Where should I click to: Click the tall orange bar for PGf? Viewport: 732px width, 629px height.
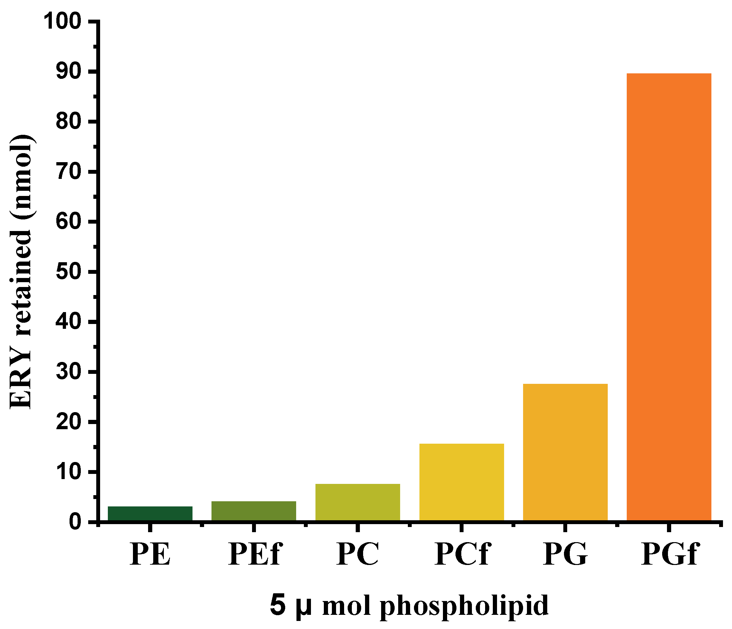669,297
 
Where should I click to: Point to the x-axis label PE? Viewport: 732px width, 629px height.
150,554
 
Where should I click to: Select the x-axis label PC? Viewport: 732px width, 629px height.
358,554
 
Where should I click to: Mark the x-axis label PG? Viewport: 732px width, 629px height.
566,554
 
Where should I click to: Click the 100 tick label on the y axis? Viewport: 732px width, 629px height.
62,22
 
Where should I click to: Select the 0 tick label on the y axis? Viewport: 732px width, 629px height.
75,522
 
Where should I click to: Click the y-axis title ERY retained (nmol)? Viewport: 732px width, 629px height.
22,272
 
